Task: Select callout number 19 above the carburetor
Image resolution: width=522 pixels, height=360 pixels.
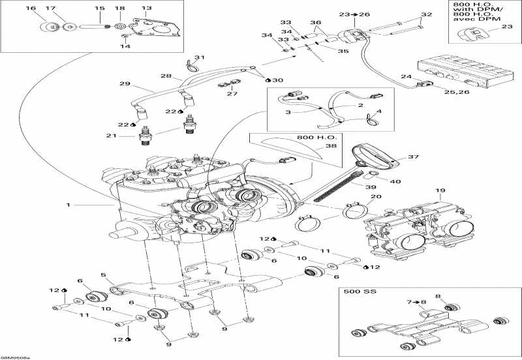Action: [440, 191]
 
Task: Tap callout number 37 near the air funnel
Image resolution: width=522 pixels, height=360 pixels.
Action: [412, 157]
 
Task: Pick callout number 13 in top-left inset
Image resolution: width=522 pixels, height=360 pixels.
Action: [146, 8]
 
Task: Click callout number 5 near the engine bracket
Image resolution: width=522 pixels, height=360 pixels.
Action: [103, 275]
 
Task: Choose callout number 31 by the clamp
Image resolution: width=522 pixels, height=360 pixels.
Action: [200, 57]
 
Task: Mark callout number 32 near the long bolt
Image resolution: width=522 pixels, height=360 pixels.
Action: [426, 14]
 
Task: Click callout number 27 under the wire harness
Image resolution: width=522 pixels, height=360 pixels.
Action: [231, 94]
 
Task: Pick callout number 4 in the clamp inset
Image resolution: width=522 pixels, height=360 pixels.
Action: [380, 111]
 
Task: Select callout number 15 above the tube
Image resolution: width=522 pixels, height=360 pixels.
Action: [100, 8]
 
